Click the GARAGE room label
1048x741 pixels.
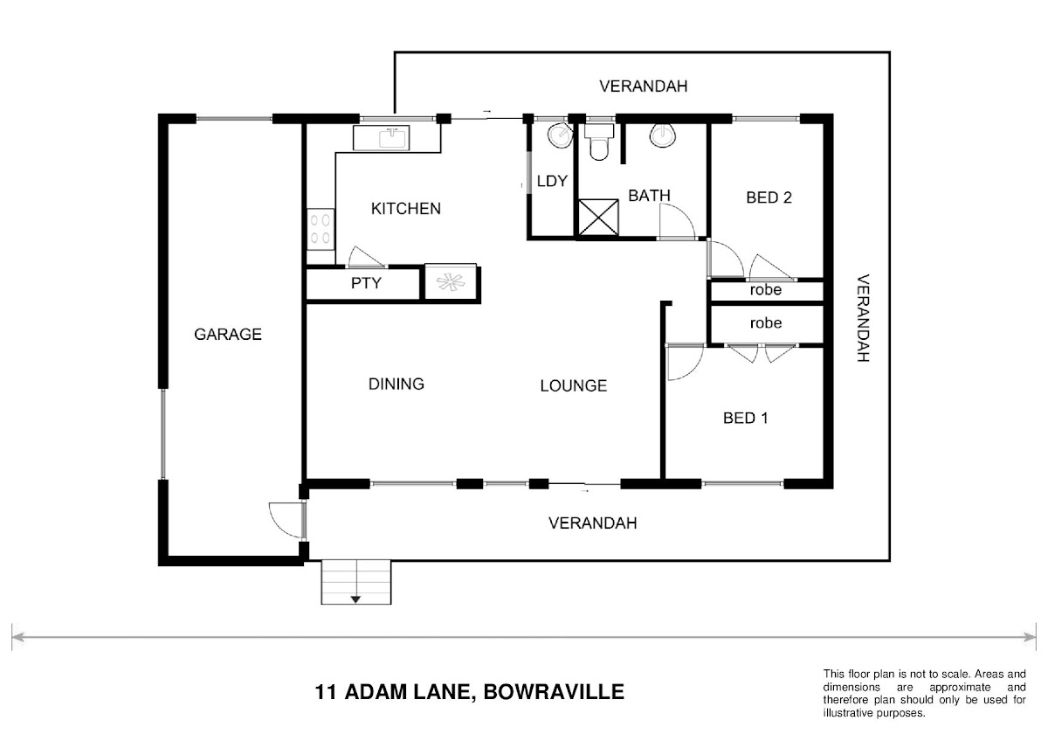pyautogui.click(x=228, y=334)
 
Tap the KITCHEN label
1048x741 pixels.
pyautogui.click(x=405, y=209)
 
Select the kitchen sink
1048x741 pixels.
pyautogui.click(x=382, y=137)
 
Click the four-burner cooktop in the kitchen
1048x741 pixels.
pyautogui.click(x=321, y=229)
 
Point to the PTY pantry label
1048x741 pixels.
pyautogui.click(x=366, y=283)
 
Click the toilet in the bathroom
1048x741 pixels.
pyautogui.click(x=599, y=142)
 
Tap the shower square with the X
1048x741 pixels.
pyautogui.click(x=598, y=218)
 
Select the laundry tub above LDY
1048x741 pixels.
pyautogui.click(x=560, y=135)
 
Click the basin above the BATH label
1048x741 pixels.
pyautogui.click(x=663, y=135)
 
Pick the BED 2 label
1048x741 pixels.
pyautogui.click(x=769, y=197)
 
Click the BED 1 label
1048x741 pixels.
pyautogui.click(x=745, y=418)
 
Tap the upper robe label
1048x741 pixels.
pyautogui.click(x=765, y=290)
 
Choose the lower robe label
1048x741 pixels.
pyautogui.click(x=765, y=323)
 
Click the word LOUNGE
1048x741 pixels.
pyautogui.click(x=574, y=385)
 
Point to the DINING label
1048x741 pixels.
pyautogui.click(x=396, y=384)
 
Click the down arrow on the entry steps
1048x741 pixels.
pyautogui.click(x=355, y=599)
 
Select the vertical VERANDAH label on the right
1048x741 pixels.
pyautogui.click(x=863, y=318)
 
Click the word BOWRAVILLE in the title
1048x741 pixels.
pyautogui.click(x=554, y=692)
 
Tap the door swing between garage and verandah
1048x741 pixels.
pyautogui.click(x=286, y=520)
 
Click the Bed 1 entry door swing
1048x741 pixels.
pyautogui.click(x=686, y=363)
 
